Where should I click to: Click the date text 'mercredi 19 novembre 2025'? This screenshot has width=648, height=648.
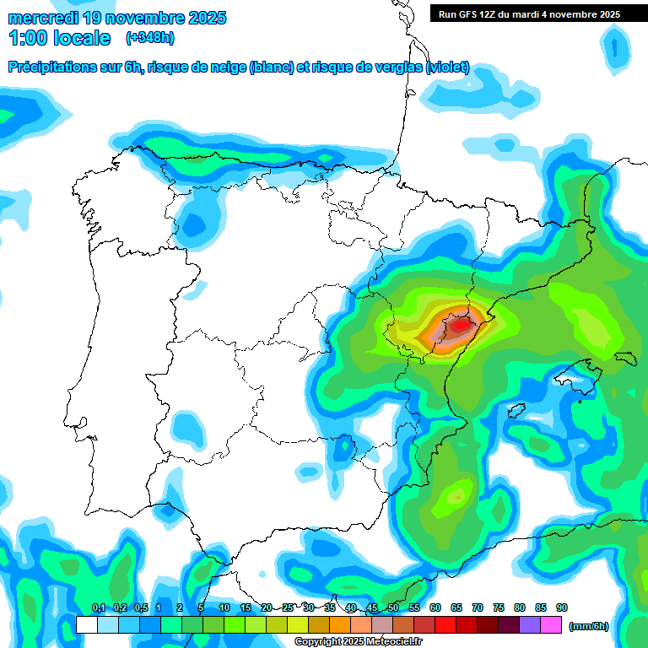point(116,18)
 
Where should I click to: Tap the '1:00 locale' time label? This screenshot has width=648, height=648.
point(60,38)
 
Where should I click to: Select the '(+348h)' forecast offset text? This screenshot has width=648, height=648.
point(151,38)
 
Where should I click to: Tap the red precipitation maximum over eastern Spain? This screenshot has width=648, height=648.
point(461,323)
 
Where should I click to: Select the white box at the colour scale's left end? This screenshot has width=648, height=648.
point(86,625)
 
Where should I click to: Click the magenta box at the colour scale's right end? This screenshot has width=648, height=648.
point(551,625)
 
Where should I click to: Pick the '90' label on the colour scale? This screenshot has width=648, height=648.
point(562,607)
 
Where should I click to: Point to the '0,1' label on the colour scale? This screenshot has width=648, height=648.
point(98,607)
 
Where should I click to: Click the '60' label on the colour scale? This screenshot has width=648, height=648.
point(435,607)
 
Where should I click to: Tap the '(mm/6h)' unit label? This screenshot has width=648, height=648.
point(589,626)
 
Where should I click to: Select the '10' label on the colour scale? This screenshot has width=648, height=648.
point(224,607)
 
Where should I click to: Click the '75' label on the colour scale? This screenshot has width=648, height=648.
point(499,607)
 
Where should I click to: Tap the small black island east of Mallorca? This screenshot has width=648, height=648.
point(626,358)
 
